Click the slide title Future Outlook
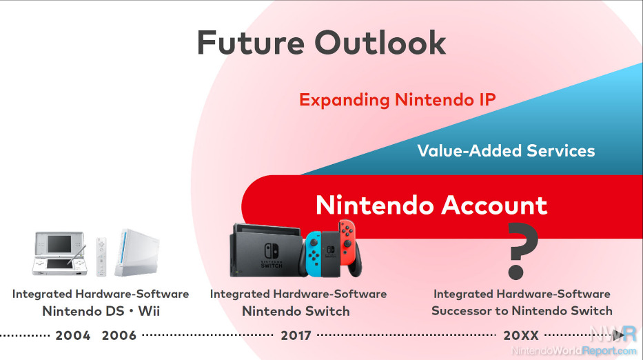tap(321, 43)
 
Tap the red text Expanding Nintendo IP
tap(398, 100)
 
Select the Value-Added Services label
tap(506, 150)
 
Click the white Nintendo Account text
tap(431, 205)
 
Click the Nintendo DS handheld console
tap(60, 253)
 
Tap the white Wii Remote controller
tap(101, 257)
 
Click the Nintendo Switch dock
tap(266, 250)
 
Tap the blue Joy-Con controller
tap(314, 253)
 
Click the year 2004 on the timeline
tap(73, 335)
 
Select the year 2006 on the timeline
tap(119, 335)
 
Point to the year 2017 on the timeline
tap(296, 335)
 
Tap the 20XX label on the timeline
tap(521, 335)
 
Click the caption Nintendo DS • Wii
tap(101, 311)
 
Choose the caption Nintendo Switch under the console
tap(296, 311)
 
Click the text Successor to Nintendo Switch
tap(522, 311)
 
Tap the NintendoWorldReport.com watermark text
tap(574, 350)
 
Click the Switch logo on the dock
tap(272, 256)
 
